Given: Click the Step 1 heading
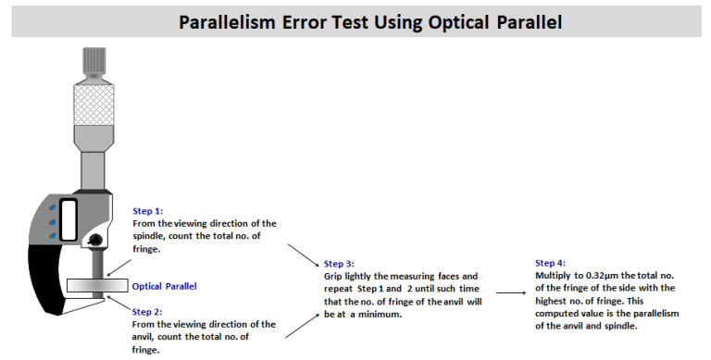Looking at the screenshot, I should [x=149, y=211].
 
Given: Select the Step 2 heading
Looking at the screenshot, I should [x=149, y=312].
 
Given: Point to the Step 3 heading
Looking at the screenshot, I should [x=340, y=264].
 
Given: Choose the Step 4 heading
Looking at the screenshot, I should [x=552, y=263].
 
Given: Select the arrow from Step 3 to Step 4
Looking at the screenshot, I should [x=508, y=292].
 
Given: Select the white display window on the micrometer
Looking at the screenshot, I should [x=68, y=223].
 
